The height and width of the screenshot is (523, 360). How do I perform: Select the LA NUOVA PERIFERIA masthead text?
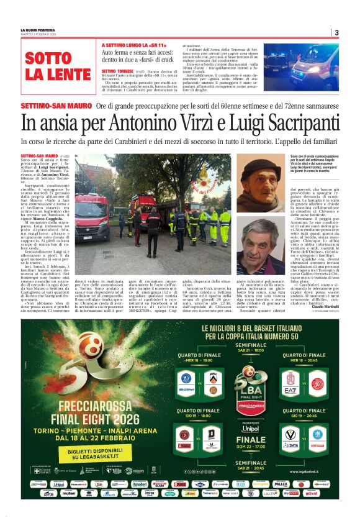coord(38,30)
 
